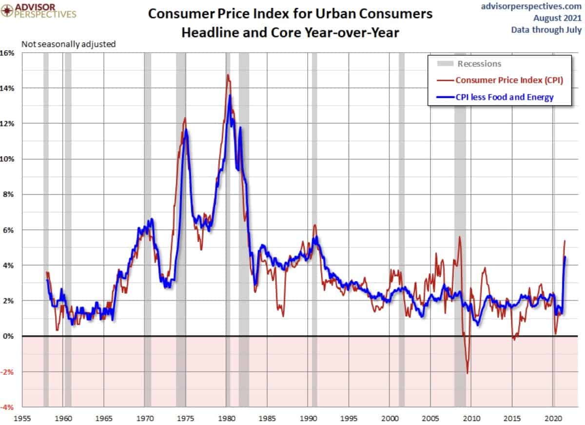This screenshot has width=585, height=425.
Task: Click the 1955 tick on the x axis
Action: pos(22,418)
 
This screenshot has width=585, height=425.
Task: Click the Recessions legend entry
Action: pos(479,63)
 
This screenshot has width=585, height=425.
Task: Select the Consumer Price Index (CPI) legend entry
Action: pos(509,80)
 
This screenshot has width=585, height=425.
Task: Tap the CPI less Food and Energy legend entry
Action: pos(504,97)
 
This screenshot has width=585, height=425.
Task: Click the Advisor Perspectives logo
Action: pos(39,11)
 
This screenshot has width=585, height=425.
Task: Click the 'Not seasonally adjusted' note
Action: pos(68,44)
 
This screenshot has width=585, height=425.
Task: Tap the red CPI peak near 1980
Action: pos(227,75)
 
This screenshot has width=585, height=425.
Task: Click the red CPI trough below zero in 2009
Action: pos(467,373)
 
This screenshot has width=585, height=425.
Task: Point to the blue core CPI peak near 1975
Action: pos(186,130)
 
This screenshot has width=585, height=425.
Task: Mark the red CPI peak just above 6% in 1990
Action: pos(315,225)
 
